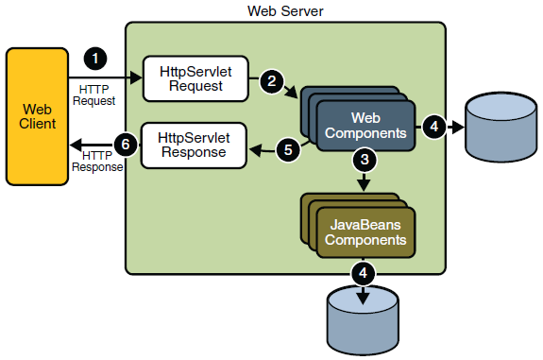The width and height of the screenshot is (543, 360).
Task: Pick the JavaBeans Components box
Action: [x=365, y=231]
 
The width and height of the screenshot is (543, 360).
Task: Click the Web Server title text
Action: [x=284, y=10]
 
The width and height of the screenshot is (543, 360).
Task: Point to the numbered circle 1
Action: [x=95, y=58]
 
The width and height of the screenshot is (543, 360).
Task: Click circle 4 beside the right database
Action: [x=433, y=126]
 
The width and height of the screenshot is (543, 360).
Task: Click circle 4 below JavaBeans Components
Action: [x=363, y=274]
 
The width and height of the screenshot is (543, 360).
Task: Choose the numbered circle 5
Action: [x=289, y=147]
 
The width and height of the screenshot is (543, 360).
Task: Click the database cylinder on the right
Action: [x=499, y=128]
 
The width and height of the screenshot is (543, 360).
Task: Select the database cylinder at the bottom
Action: [x=363, y=317]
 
